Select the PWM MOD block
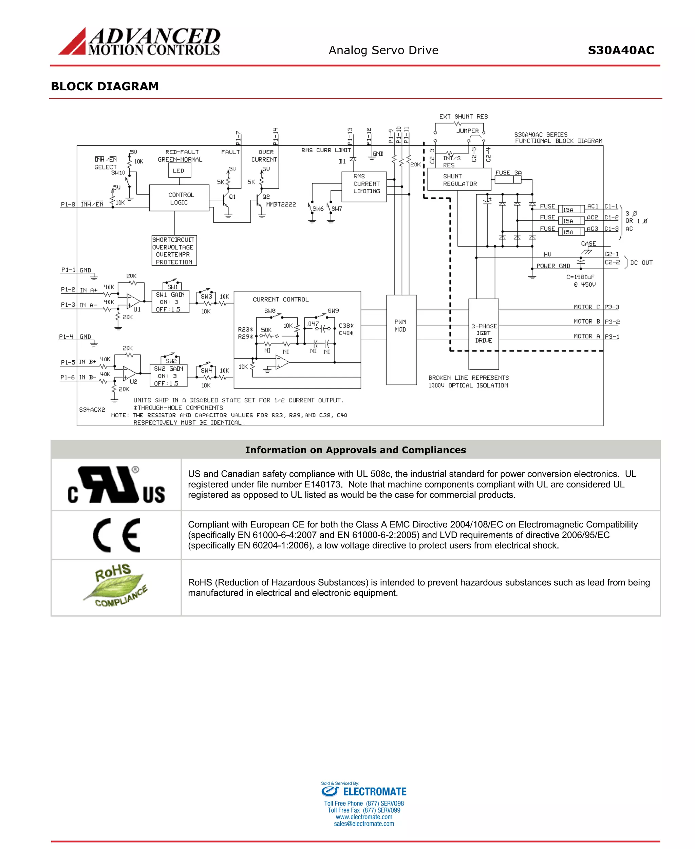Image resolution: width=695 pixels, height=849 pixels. pos(401,340)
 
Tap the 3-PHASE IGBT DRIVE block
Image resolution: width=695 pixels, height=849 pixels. pos(484,333)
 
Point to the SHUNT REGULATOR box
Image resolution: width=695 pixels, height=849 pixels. pos(459,180)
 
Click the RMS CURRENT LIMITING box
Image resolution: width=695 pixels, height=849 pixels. pos(364,187)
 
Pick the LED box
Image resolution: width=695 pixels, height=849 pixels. pos(179,171)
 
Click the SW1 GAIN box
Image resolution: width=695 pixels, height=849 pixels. pos(170,302)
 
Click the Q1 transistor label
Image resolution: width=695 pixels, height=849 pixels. pos(232,197)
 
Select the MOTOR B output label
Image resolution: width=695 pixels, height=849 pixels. pos(586,321)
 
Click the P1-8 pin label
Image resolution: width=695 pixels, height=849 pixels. pos(68,204)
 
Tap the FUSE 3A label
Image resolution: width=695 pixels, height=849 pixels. pos(508,173)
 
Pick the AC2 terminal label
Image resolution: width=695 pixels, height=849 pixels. pos(592,217)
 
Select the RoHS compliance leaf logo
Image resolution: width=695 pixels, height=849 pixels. pos(116,586)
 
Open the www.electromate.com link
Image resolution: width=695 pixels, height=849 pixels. pos(364,816)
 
